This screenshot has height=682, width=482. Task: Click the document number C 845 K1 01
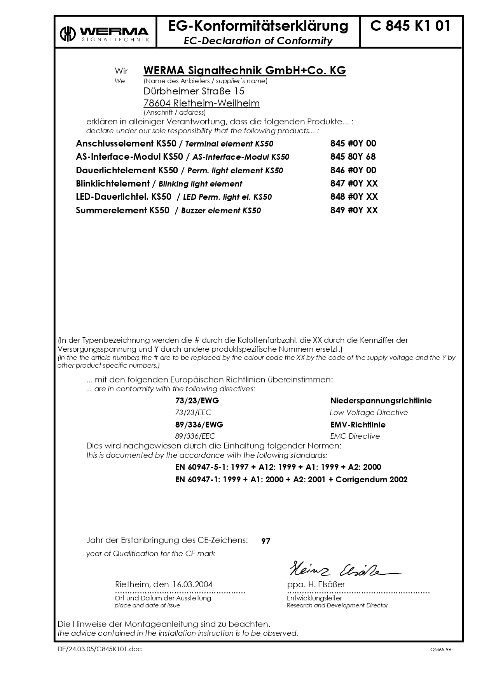(x=410, y=26)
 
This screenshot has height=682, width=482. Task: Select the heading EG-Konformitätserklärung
(x=258, y=26)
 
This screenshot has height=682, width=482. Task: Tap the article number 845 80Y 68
(x=353, y=157)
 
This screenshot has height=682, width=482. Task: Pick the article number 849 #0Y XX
(x=354, y=210)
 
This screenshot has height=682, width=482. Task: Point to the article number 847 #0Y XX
(x=354, y=183)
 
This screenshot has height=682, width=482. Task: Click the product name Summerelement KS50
(x=123, y=210)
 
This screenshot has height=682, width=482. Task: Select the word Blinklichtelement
(x=113, y=183)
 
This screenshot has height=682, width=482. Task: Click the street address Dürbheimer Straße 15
(x=194, y=91)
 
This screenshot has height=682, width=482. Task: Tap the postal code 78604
(x=157, y=103)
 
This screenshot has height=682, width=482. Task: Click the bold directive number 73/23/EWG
(x=194, y=401)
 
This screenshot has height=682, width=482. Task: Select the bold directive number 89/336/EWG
(x=199, y=425)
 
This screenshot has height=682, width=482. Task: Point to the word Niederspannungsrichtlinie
(x=381, y=401)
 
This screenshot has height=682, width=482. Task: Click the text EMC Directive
(x=355, y=436)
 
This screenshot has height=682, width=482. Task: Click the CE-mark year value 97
(x=266, y=541)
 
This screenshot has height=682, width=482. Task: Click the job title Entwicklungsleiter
(x=314, y=598)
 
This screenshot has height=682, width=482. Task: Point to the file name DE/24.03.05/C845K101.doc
(x=100, y=649)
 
